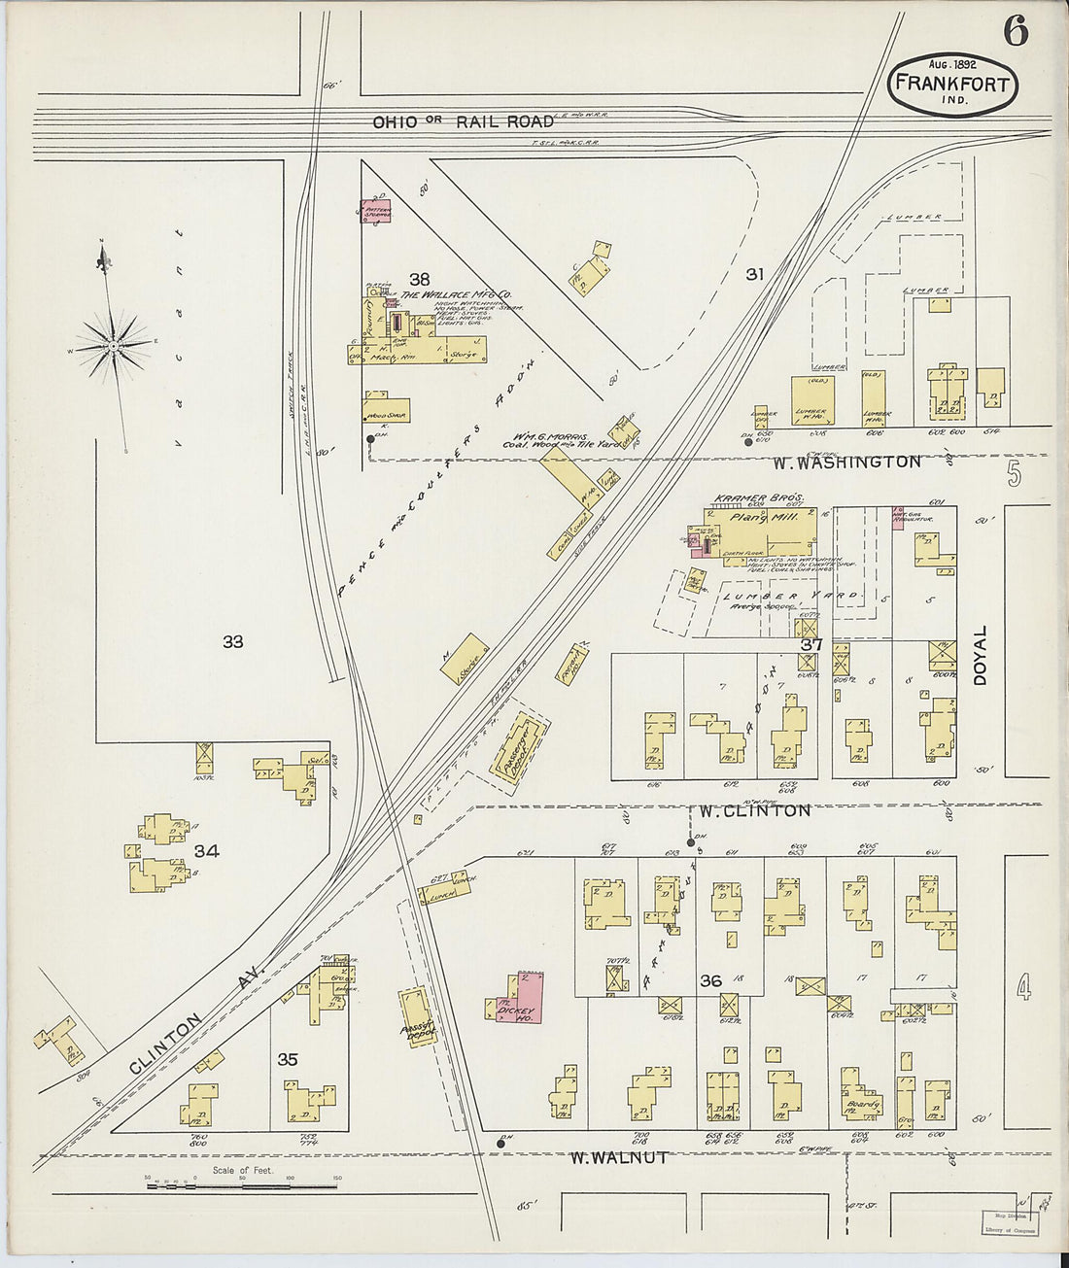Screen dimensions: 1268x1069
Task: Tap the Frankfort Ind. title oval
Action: (x=952, y=84)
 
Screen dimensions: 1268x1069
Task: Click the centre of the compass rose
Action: (x=114, y=345)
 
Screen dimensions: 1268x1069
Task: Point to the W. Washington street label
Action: (x=847, y=463)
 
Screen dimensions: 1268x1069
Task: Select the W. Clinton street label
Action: (x=754, y=810)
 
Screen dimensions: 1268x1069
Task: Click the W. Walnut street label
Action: (x=618, y=1157)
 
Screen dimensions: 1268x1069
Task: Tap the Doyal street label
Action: (x=980, y=655)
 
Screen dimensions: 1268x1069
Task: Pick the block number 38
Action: (x=419, y=279)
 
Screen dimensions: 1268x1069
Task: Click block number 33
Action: (x=232, y=641)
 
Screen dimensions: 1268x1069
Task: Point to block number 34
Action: (x=206, y=851)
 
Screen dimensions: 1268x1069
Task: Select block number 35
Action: (x=288, y=1059)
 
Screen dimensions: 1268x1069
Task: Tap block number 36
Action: (x=711, y=980)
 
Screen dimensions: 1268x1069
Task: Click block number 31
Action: (x=754, y=274)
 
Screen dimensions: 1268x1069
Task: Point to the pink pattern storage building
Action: (x=377, y=209)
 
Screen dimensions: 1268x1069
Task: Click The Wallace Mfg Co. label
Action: (x=457, y=294)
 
